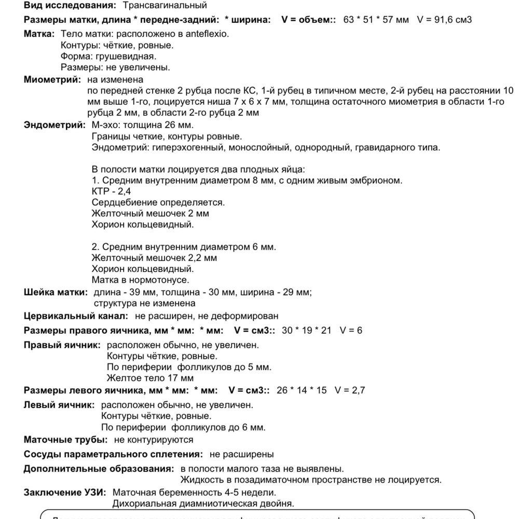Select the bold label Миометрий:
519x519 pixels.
(52, 80)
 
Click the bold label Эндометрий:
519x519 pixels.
(54, 125)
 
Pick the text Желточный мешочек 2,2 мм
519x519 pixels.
(154, 257)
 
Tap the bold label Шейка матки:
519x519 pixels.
(56, 292)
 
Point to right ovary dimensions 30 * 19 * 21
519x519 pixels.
(306, 331)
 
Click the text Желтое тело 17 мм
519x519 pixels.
(150, 378)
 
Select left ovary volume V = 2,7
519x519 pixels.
(350, 390)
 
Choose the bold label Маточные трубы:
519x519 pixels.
(66, 440)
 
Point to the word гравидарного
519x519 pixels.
(379, 148)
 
